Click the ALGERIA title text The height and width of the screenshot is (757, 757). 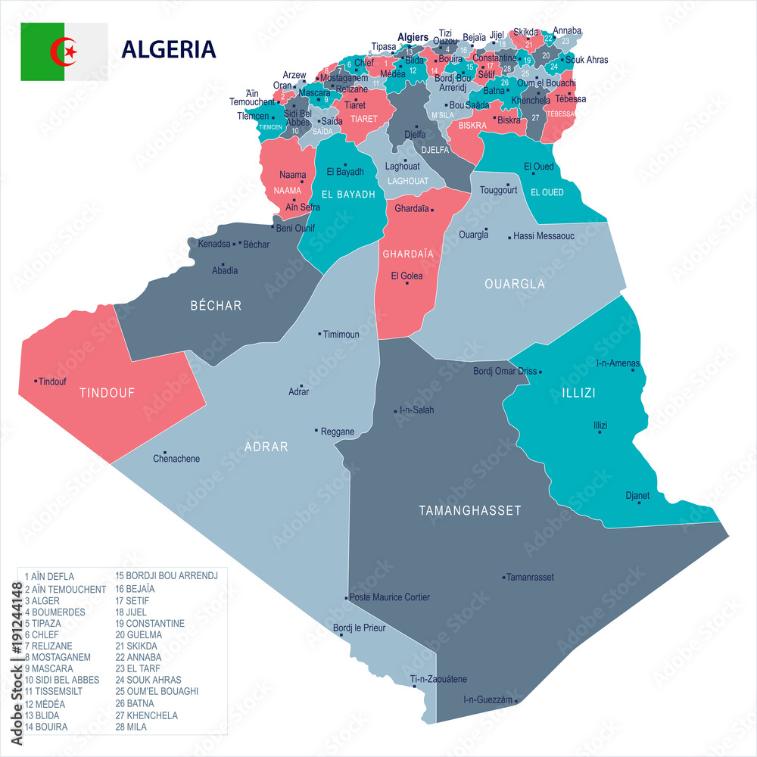point(169,49)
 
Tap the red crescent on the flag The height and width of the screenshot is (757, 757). point(61,51)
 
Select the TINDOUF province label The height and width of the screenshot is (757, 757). point(107,393)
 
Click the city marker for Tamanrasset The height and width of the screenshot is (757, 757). point(503,577)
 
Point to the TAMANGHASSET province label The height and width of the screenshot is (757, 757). point(470,511)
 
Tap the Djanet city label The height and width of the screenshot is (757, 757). point(637,496)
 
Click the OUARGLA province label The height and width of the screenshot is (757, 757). point(515,284)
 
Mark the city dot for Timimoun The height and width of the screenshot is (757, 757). point(320,334)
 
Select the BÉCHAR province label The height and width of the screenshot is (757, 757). point(216,306)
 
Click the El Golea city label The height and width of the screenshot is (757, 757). point(407,276)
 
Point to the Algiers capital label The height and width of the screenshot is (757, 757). point(413,37)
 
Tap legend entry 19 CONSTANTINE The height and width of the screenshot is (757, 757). point(150,623)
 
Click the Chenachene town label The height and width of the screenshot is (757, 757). point(176,459)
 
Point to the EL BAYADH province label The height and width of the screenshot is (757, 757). point(348,195)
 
